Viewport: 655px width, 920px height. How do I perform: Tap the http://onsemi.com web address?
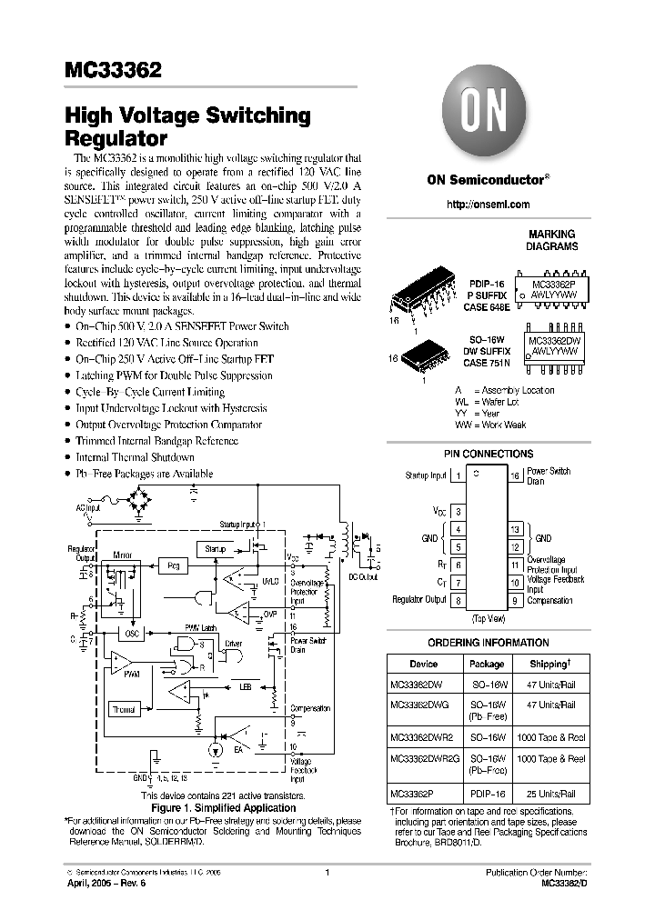[x=488, y=205]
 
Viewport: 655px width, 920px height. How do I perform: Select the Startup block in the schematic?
[x=215, y=549]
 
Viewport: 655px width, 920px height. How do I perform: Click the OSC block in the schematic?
[x=132, y=634]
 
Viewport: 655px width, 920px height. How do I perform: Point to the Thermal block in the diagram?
[x=124, y=709]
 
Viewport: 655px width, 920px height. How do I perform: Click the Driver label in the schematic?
[x=234, y=643]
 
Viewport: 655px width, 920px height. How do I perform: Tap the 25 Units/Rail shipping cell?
[x=549, y=793]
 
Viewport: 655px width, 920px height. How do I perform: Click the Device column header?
[x=423, y=664]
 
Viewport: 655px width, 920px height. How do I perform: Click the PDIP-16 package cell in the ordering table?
[x=487, y=793]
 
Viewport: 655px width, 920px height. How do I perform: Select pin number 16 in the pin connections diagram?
[x=515, y=475]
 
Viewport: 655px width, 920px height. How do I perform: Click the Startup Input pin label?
[x=426, y=475]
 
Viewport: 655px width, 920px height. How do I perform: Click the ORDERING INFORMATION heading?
[x=488, y=643]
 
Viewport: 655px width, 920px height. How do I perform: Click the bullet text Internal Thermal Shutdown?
[x=135, y=457]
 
